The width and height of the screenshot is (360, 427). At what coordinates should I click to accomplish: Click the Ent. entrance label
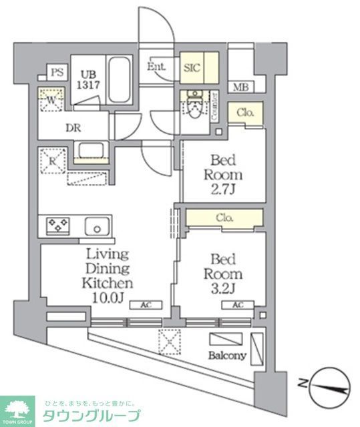pos(156,66)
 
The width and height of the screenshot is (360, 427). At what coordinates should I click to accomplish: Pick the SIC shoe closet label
pos(192,67)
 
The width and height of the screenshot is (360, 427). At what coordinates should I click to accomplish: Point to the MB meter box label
pos(239,87)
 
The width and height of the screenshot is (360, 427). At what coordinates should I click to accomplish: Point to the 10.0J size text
pos(104,297)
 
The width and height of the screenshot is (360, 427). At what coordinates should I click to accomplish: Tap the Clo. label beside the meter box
pos(245,113)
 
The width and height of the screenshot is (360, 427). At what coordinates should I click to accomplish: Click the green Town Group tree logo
pos(19,408)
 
